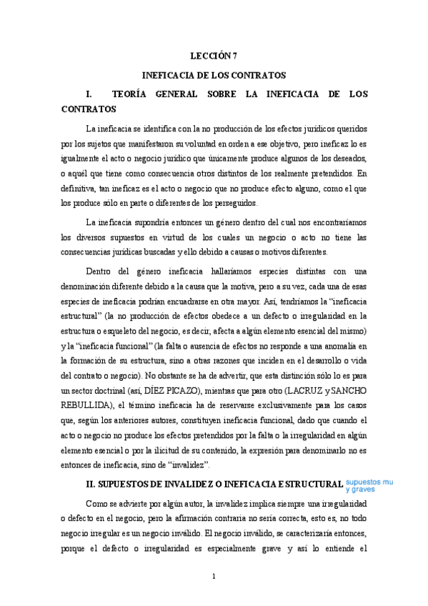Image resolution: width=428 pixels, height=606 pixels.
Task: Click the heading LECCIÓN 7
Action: click(214, 54)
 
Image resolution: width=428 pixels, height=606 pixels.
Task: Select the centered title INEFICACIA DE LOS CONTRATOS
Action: click(214, 74)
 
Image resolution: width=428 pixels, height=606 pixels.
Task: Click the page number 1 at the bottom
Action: click(214, 576)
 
